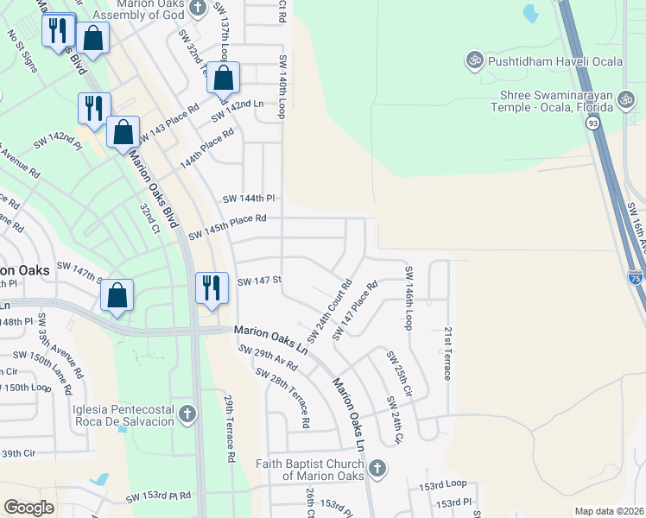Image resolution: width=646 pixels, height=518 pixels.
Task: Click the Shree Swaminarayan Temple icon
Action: coord(628,101)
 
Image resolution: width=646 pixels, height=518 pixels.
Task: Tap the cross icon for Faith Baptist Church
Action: coord(376,468)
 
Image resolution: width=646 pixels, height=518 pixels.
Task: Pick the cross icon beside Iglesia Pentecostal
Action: coord(186,415)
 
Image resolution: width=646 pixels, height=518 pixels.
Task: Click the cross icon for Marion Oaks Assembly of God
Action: coord(198,8)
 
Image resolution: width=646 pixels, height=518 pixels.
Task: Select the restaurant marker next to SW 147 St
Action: coord(212,286)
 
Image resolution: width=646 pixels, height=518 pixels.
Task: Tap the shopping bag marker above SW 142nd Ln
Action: coord(223,77)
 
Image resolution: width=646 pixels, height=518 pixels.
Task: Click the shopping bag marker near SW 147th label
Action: coord(117,294)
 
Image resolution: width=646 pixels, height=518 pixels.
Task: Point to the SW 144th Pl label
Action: coord(249,198)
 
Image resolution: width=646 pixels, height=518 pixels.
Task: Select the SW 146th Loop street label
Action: coord(408,297)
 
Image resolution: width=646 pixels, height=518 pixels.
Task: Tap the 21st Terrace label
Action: coord(447,352)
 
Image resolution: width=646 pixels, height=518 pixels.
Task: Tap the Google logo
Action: coord(29,507)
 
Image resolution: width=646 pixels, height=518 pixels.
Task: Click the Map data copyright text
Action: coord(608,511)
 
